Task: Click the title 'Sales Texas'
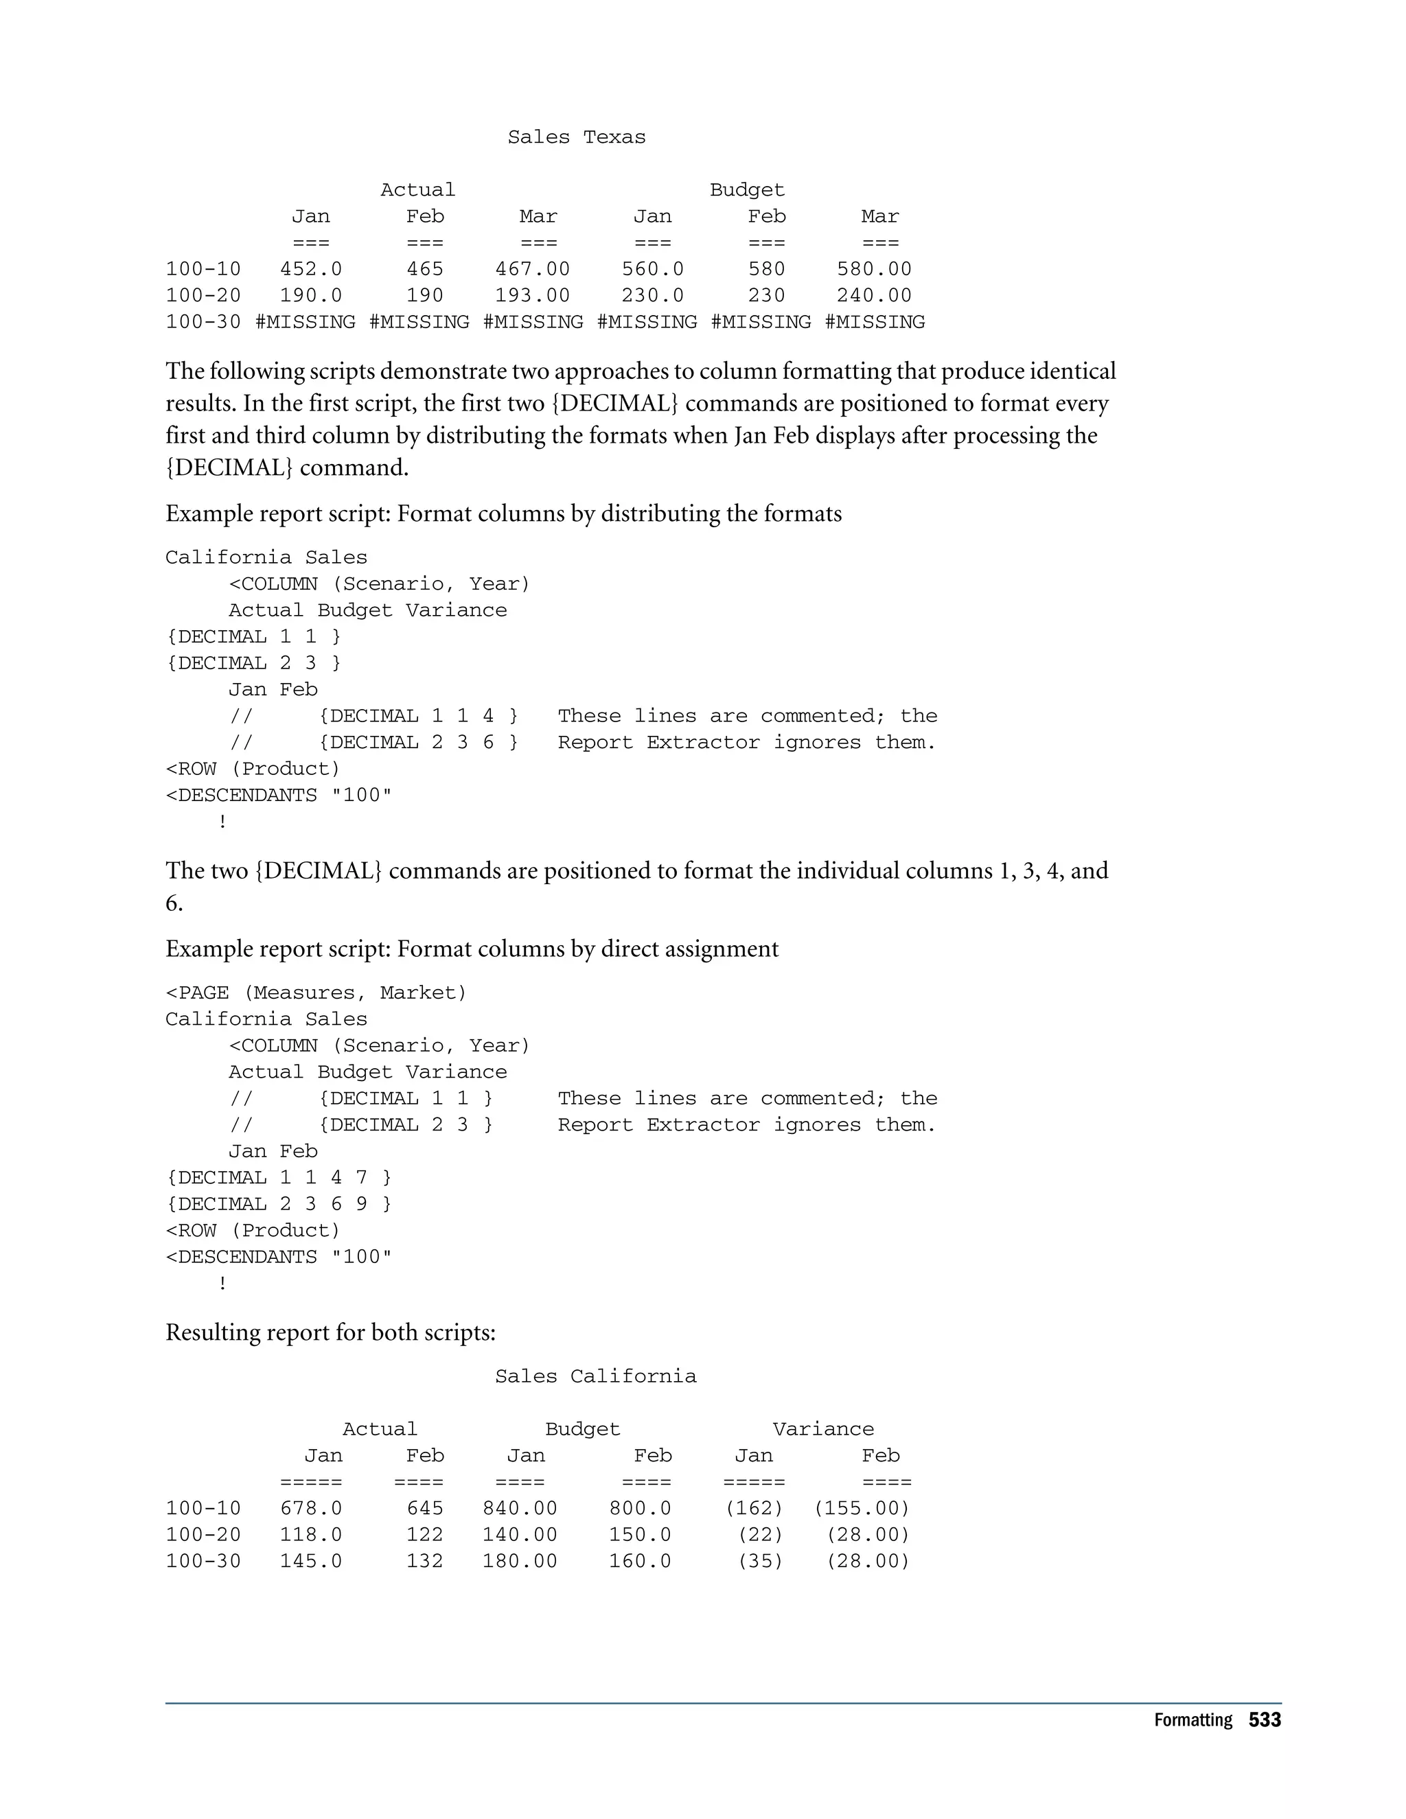tap(577, 137)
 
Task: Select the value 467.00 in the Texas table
tap(532, 269)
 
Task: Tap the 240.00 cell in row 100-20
tap(874, 296)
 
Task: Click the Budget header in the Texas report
tap(746, 190)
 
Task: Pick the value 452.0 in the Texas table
tap(311, 269)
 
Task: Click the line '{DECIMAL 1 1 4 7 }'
tap(278, 1178)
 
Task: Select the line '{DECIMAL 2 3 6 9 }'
tap(278, 1205)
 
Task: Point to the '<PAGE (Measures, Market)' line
tap(316, 993)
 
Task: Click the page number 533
tap(1265, 1721)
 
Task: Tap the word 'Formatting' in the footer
tap(1192, 1721)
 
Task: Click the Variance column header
tap(823, 1429)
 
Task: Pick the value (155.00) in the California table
tap(862, 1508)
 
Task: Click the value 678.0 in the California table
tap(311, 1508)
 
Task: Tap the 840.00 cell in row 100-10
tap(520, 1508)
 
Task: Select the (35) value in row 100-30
tap(761, 1562)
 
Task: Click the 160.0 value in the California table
tap(640, 1562)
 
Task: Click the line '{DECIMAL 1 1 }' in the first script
tap(253, 637)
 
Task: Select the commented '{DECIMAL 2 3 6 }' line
tap(417, 743)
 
